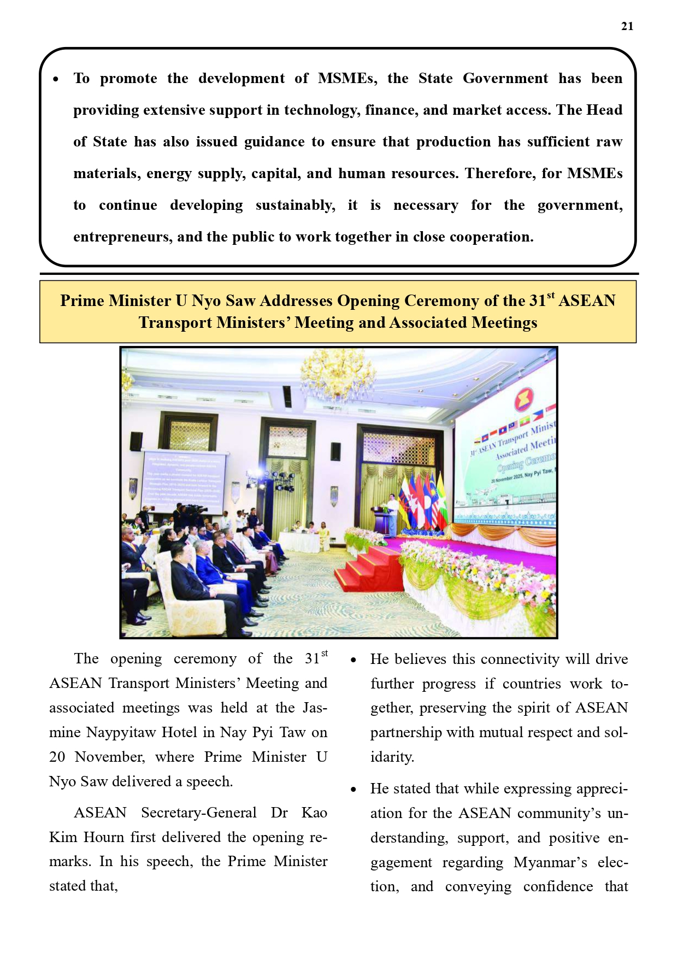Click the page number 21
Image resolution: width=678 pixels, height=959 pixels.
pos(627,26)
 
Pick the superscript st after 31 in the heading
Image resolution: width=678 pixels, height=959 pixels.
pos(550,296)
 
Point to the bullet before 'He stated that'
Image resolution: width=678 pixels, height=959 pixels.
pos(353,790)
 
